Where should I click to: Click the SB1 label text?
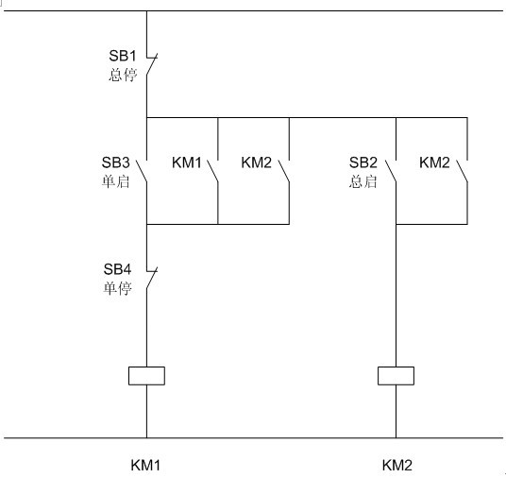pyautogui.click(x=123, y=56)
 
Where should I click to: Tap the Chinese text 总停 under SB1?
pyautogui.click(x=123, y=75)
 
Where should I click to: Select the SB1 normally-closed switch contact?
pyautogui.click(x=152, y=64)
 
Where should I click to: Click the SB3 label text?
pyautogui.click(x=115, y=162)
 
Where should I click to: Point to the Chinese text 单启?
pyautogui.click(x=115, y=181)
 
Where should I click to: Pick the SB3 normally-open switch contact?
pyautogui.click(x=142, y=171)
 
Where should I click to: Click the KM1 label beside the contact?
pyautogui.click(x=187, y=162)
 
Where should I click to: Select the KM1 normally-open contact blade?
pyautogui.click(x=212, y=171)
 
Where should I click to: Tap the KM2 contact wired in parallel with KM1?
pyautogui.click(x=284, y=171)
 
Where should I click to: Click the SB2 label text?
pyautogui.click(x=363, y=162)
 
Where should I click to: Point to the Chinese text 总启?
pyautogui.click(x=363, y=181)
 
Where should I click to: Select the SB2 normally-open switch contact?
pyautogui.click(x=391, y=171)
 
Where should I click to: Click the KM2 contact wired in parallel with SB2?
pyautogui.click(x=463, y=171)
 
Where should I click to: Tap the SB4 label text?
pyautogui.click(x=117, y=269)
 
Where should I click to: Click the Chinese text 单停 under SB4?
pyautogui.click(x=117, y=288)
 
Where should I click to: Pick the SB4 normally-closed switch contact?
pyautogui.click(x=152, y=278)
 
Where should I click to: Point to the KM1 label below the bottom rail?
pyautogui.click(x=145, y=466)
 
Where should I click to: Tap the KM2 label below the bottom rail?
pyautogui.click(x=397, y=466)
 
